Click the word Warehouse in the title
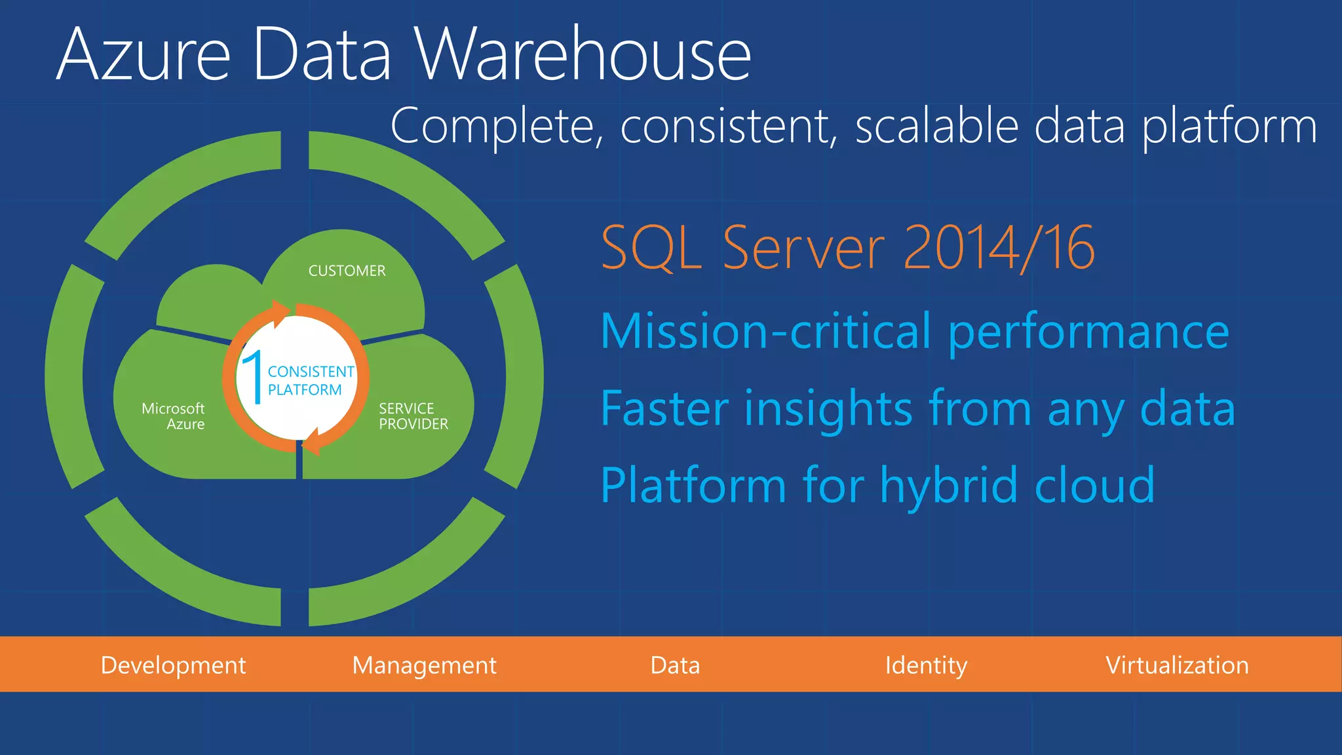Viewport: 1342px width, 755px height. point(583,55)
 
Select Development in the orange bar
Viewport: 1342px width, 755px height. point(173,665)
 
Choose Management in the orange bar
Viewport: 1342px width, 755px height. point(424,665)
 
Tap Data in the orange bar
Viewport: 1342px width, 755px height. point(675,665)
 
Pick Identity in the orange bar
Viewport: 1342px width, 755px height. point(925,665)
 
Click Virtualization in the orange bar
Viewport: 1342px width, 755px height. point(1177,665)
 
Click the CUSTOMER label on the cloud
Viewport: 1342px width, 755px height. point(347,271)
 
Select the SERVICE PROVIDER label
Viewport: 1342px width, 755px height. point(413,416)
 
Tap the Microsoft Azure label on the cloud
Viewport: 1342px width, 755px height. point(174,416)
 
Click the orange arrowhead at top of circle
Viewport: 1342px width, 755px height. point(280,313)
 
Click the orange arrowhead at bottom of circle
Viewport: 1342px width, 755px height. point(312,442)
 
